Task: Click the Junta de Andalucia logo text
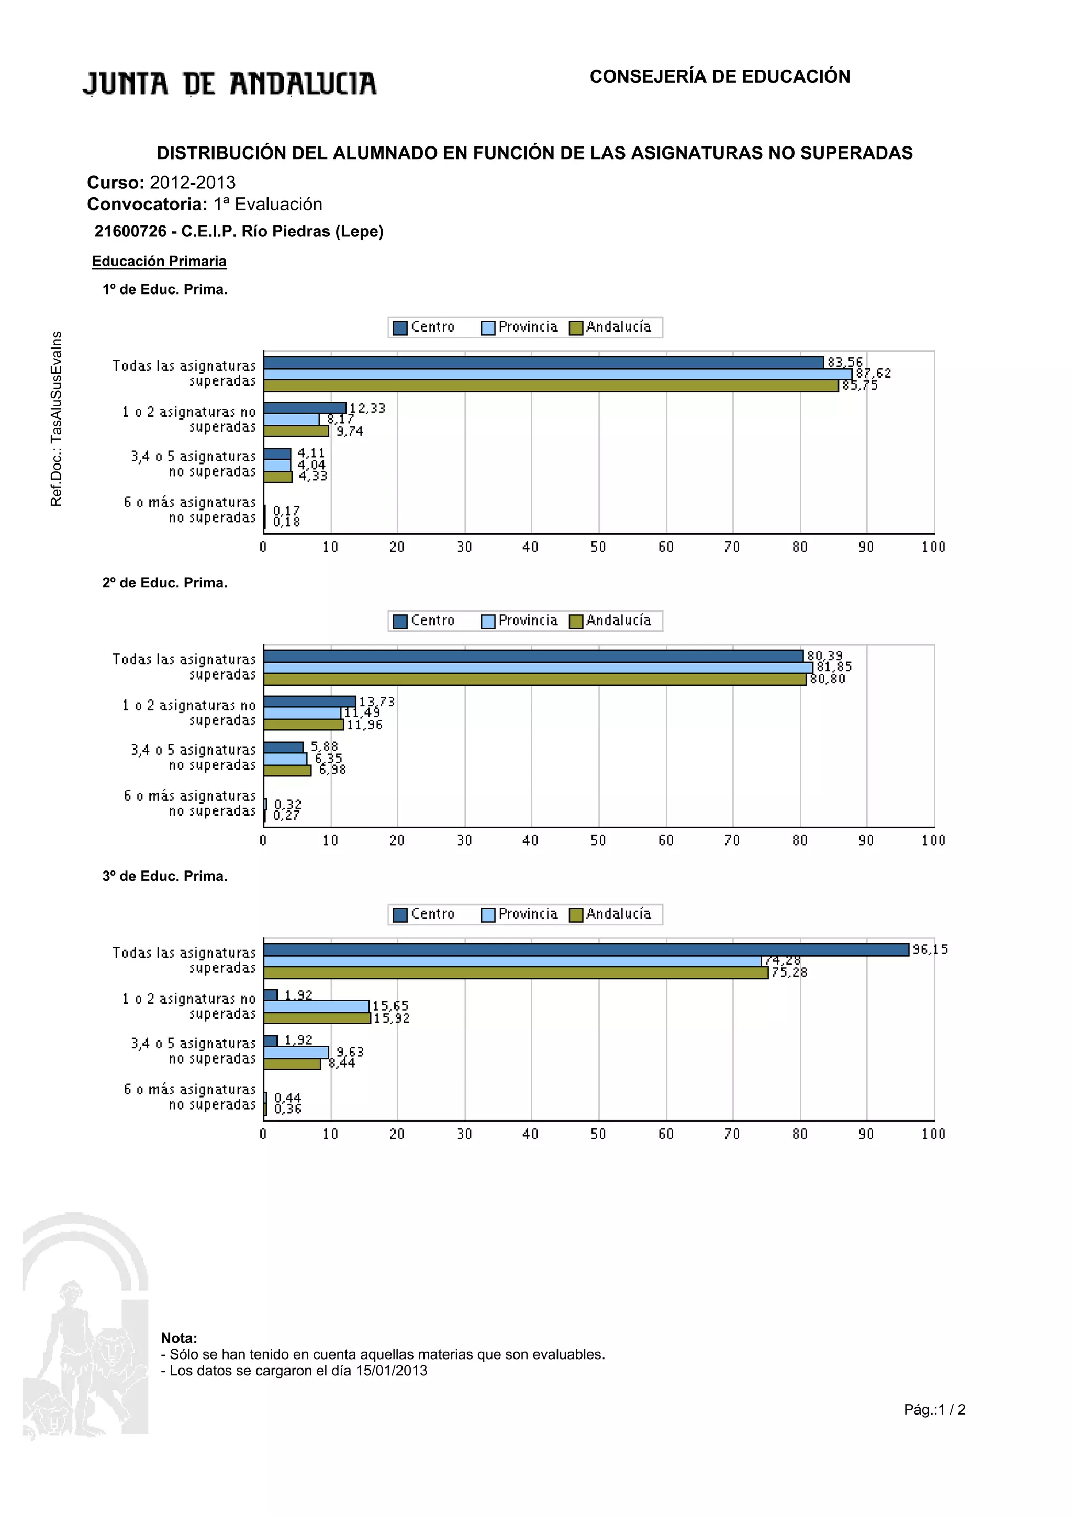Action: coord(229,84)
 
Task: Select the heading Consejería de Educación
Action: coord(719,76)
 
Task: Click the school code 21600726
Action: coord(130,231)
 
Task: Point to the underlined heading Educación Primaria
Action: coord(159,262)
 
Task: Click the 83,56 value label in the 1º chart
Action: coord(845,362)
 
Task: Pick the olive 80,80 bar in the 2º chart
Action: coord(534,680)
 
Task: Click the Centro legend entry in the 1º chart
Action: coord(424,327)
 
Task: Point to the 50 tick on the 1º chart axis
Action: coord(598,547)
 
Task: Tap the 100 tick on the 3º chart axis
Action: coord(933,1134)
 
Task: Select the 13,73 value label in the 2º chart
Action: coord(376,701)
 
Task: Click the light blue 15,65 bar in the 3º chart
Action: coord(316,1006)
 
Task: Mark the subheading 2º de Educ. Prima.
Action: coord(164,583)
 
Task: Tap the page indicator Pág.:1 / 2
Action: coord(934,1410)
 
